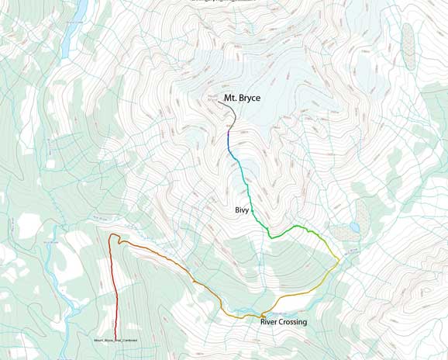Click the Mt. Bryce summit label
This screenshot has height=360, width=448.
point(242,99)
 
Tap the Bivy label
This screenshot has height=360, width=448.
point(242,210)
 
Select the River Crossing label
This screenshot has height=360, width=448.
point(284,322)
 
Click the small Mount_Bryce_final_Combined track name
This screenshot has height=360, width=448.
point(115,341)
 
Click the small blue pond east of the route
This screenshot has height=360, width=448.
point(354,227)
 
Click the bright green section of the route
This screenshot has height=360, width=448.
point(287,230)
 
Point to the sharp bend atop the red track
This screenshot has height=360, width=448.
point(113,235)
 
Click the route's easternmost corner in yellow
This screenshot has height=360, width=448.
point(338,261)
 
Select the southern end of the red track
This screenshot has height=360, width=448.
point(115,335)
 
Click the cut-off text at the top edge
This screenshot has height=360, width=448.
point(224,2)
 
